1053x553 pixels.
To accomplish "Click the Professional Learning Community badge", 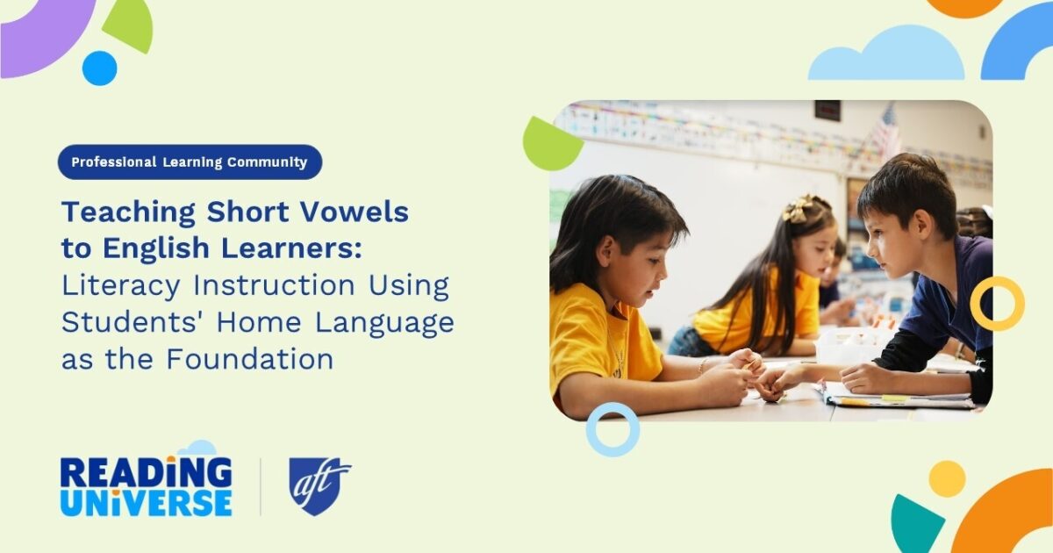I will (x=190, y=162).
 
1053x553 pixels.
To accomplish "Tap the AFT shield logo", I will (x=319, y=485).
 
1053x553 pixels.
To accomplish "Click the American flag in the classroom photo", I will (x=885, y=132).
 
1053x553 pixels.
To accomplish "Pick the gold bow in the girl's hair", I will (x=798, y=208).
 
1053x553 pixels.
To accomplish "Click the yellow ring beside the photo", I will (x=997, y=304).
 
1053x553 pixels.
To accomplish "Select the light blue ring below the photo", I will (x=612, y=429).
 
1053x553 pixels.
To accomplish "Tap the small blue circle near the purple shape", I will (x=100, y=68).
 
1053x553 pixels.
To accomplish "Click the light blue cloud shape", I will (x=886, y=57).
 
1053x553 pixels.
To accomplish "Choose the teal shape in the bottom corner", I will (x=915, y=525).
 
